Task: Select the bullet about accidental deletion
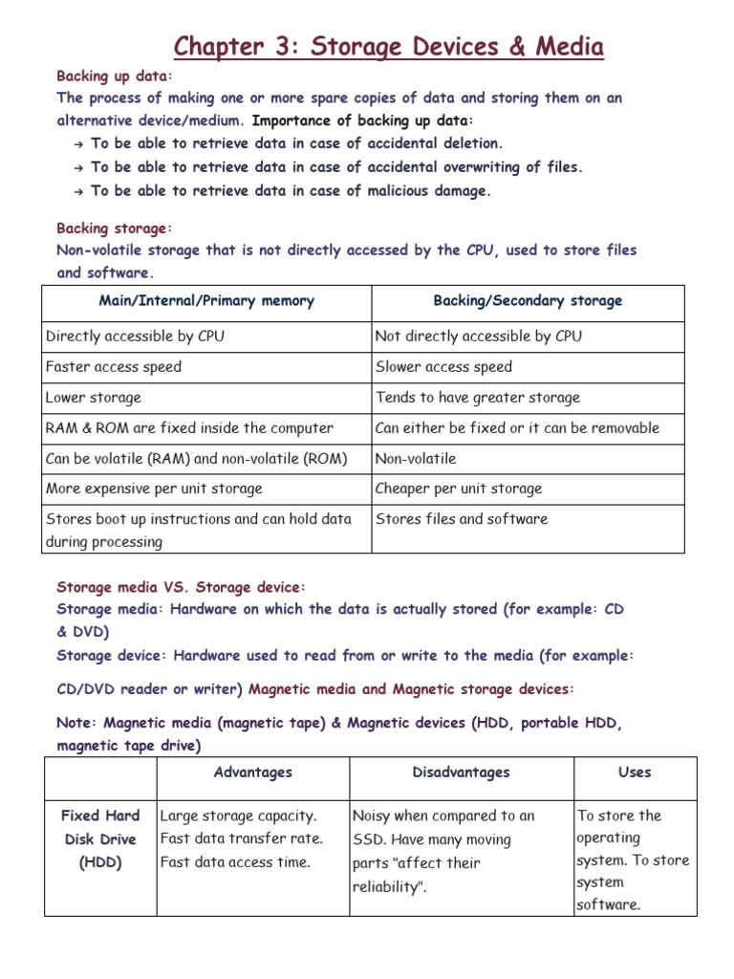tap(296, 143)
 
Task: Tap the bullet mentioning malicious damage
tap(291, 190)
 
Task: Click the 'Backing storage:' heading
tap(115, 228)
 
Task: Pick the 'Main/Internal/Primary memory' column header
tap(206, 301)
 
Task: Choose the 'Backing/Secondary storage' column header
tap(528, 301)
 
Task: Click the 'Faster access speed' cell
tap(114, 367)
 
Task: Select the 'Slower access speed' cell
tap(443, 367)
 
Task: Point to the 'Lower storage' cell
tap(94, 398)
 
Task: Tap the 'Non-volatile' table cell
tap(416, 459)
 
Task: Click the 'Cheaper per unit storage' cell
tap(459, 489)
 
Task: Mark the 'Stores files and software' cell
tap(462, 519)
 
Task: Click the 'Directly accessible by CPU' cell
tap(136, 337)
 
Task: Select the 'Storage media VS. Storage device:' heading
tap(181, 587)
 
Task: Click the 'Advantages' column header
tap(253, 772)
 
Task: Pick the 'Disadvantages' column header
tap(462, 772)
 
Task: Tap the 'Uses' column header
tap(635, 772)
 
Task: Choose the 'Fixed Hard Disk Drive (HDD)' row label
tap(100, 839)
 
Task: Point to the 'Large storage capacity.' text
tap(238, 816)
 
